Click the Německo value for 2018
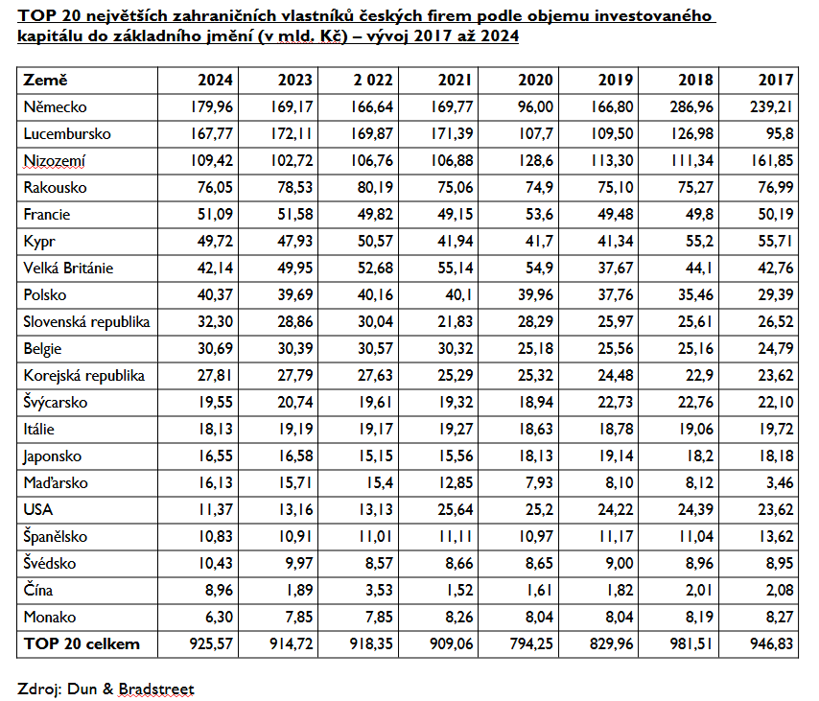[x=691, y=107]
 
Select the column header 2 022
[x=373, y=80]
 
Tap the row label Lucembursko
[x=67, y=134]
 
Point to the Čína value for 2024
[x=219, y=591]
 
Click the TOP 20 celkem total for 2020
[x=531, y=644]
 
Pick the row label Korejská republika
[x=84, y=376]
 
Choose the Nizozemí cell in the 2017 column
[x=772, y=161]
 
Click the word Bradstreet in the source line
[x=156, y=689]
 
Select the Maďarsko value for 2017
[x=780, y=483]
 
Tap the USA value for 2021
[x=455, y=510]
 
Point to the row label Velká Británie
[x=68, y=268]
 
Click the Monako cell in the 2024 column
[x=219, y=618]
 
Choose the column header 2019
[x=616, y=80]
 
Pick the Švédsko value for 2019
[x=620, y=564]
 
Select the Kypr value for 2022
[x=375, y=242]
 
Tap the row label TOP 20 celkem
[x=82, y=644]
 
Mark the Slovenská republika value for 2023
[x=295, y=322]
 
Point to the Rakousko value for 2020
[x=539, y=188]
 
